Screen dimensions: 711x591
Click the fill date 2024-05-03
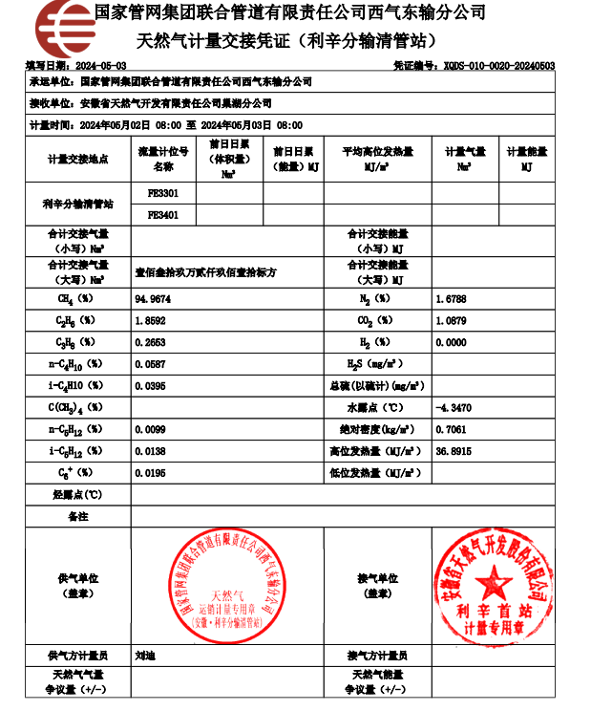coord(99,65)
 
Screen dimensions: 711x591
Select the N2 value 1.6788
coord(451,298)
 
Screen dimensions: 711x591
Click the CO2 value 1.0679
coord(451,320)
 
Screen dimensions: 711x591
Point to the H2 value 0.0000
coord(451,342)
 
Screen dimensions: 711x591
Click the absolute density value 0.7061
coord(451,430)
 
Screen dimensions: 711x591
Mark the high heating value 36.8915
coord(454,451)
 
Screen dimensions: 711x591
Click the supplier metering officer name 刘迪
coord(146,656)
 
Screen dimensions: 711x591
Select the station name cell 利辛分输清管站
coord(78,204)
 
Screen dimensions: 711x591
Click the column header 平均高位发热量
coord(378,152)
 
